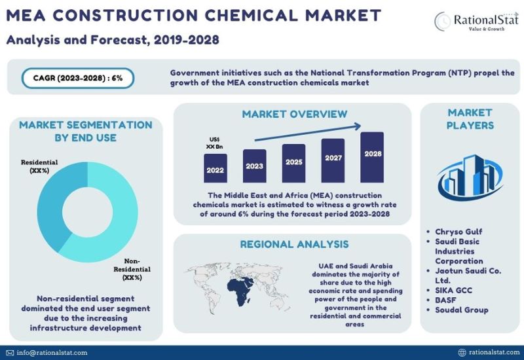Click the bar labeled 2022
[215, 168]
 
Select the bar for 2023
[255, 166]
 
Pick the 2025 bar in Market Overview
[293, 163]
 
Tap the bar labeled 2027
[333, 160]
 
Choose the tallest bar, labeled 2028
[372, 157]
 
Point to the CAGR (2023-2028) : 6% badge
[78, 79]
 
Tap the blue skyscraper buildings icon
[470, 177]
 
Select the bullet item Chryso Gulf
[458, 232]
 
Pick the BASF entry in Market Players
[445, 300]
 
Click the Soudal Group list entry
[462, 310]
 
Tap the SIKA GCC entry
[453, 290]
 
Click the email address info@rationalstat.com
[52, 353]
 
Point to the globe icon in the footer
[462, 352]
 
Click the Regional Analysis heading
[294, 244]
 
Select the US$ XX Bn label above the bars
[215, 143]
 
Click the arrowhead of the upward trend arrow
[358, 126]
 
